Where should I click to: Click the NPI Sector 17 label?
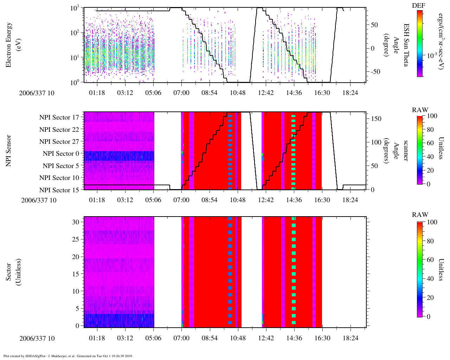pyautogui.click(x=59, y=117)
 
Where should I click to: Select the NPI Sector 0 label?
pyautogui.click(x=61, y=154)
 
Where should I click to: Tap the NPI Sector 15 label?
pyautogui.click(x=59, y=190)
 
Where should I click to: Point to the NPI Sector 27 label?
pyautogui.click(x=59, y=142)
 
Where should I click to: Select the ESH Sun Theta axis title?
pyautogui.click(x=406, y=45)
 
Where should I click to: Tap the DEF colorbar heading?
pyautogui.click(x=418, y=5)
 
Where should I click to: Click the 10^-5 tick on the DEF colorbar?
pyautogui.click(x=431, y=56)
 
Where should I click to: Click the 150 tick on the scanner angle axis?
pyautogui.click(x=377, y=119)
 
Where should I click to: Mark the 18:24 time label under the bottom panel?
pyautogui.click(x=350, y=338)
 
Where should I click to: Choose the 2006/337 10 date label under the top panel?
pyautogui.click(x=37, y=93)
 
